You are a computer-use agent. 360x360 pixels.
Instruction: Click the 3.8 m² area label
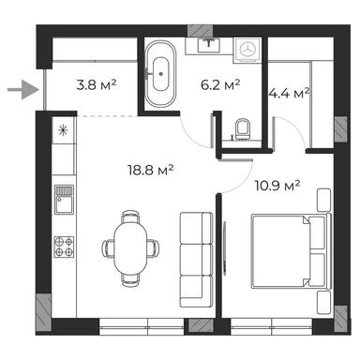pyautogui.click(x=95, y=84)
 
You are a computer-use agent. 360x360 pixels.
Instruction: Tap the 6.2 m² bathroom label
pyautogui.click(x=221, y=84)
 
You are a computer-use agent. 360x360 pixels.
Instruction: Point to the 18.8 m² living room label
pyautogui.click(x=151, y=170)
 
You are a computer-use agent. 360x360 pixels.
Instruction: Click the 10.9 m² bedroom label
pyautogui.click(x=277, y=186)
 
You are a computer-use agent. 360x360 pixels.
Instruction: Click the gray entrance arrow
pyautogui.click(x=20, y=91)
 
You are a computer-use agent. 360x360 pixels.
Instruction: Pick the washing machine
pyautogui.click(x=248, y=50)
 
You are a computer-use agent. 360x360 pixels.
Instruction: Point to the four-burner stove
pyautogui.click(x=64, y=247)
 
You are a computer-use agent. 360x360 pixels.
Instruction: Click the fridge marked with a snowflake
pyautogui.click(x=63, y=130)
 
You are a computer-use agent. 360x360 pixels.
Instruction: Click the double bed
pyautogui.click(x=287, y=252)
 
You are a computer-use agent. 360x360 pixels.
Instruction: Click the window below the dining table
pyautogui.click(x=141, y=326)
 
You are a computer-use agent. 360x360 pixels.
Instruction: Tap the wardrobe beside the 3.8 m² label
pyautogui.click(x=94, y=52)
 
